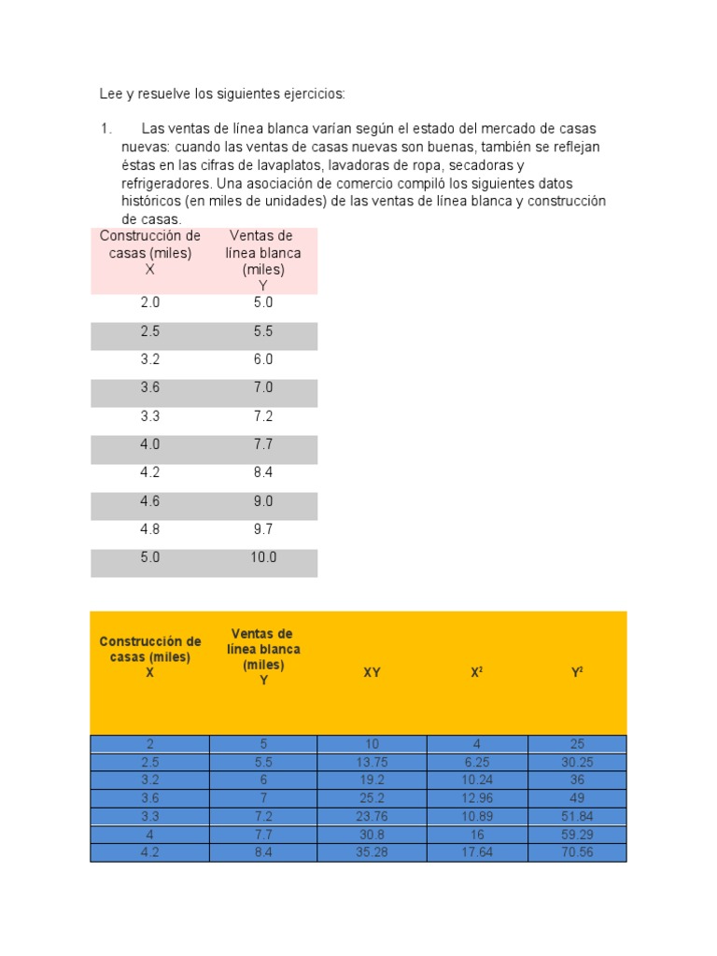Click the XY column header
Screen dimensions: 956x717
372,672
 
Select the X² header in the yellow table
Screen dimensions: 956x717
477,672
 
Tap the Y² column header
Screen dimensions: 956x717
577,672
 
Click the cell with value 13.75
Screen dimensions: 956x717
372,762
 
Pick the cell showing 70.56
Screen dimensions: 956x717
577,852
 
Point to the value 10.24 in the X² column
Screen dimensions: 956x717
477,780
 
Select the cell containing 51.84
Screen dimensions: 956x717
577,816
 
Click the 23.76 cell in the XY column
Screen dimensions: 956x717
372,816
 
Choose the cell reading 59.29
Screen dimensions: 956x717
577,834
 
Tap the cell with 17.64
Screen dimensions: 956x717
477,852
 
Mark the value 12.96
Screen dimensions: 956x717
477,797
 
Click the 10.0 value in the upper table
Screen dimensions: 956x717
263,557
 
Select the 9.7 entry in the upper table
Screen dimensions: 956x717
263,529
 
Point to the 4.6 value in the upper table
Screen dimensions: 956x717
150,501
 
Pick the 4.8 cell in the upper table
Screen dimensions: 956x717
150,529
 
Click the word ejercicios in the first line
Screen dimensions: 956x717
314,93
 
